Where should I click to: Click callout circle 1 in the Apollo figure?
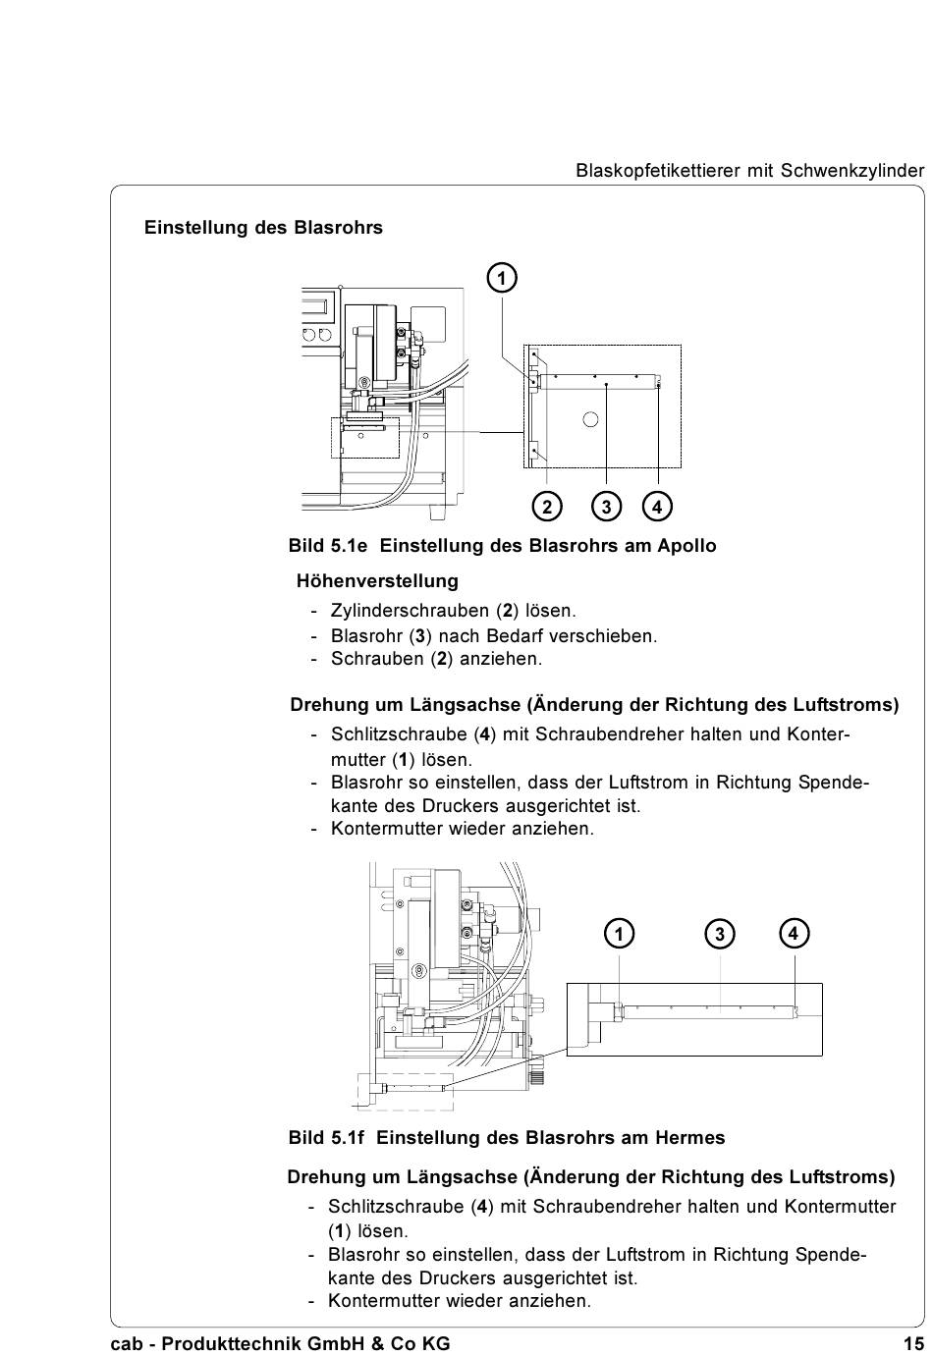click(x=502, y=279)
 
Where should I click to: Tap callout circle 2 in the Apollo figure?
click(x=547, y=507)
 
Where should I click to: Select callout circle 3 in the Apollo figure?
click(x=607, y=507)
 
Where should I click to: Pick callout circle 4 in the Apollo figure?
click(x=657, y=507)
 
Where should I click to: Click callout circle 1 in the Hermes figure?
click(x=620, y=933)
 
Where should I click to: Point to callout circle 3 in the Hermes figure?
click(x=720, y=933)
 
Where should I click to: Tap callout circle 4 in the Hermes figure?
click(x=794, y=933)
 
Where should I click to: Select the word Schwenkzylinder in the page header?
click(x=852, y=171)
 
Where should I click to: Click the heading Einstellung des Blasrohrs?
click(x=263, y=228)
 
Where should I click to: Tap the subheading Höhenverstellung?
click(x=377, y=581)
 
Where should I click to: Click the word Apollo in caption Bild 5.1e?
click(x=686, y=546)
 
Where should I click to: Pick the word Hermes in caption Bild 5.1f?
click(x=691, y=1138)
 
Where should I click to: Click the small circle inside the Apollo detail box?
click(x=590, y=419)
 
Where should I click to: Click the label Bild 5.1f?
click(x=326, y=1138)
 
